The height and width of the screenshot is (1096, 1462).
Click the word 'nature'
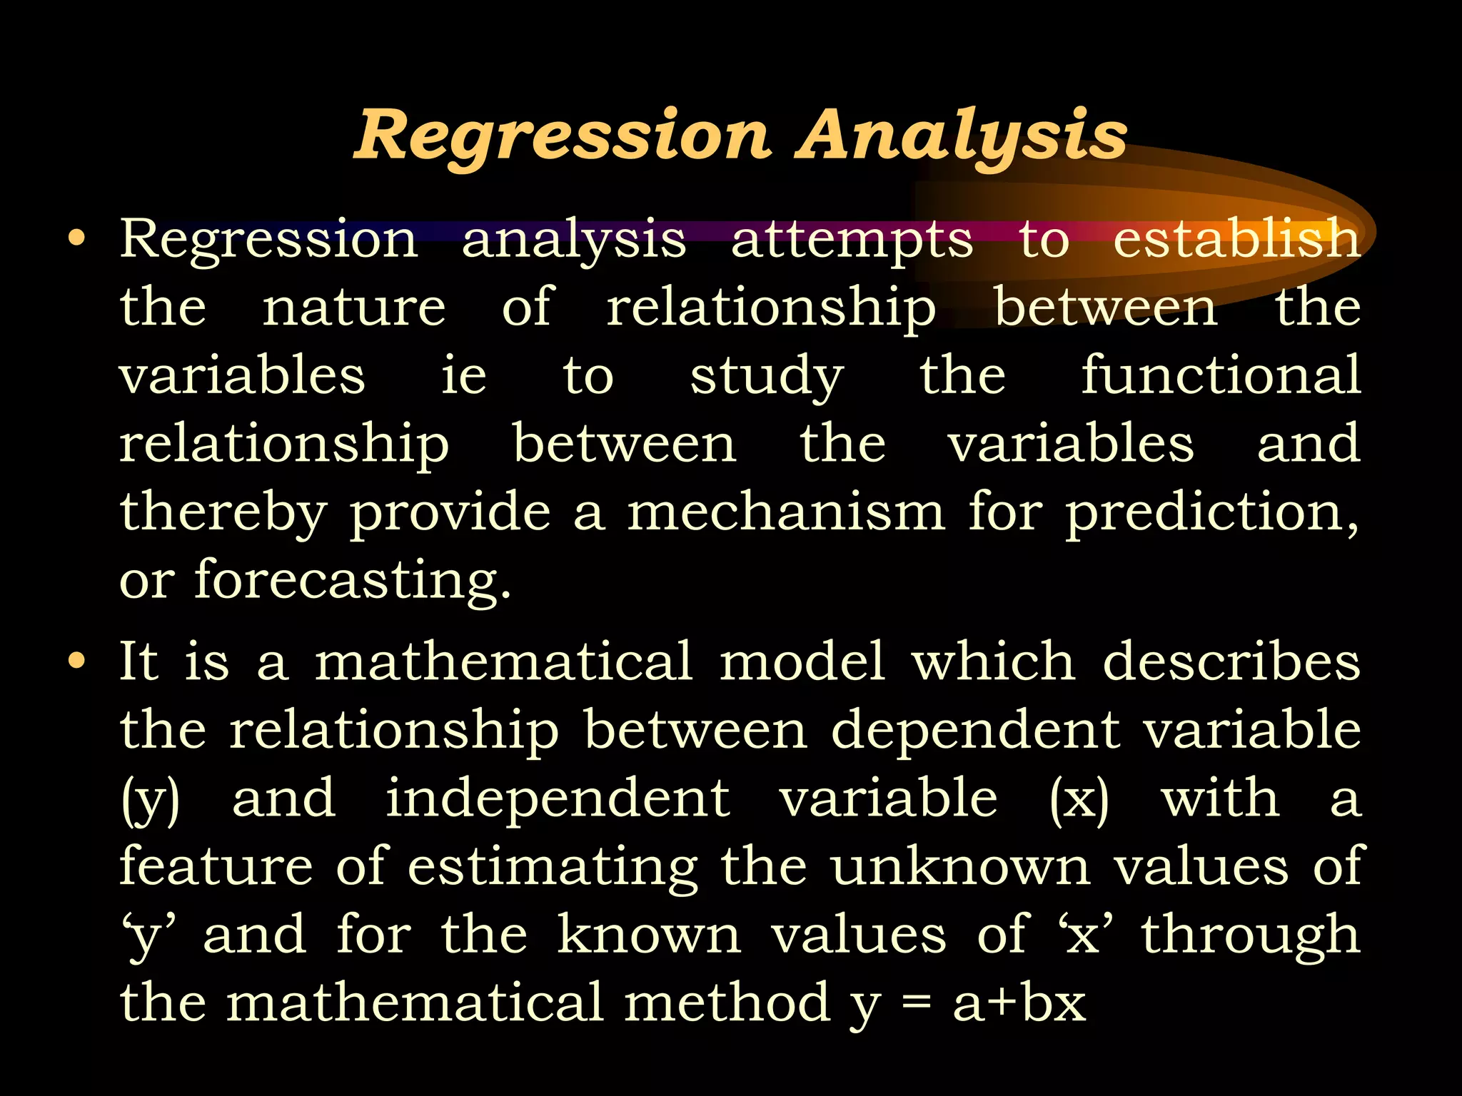pyautogui.click(x=354, y=308)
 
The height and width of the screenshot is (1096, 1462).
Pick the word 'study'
pyautogui.click(x=767, y=377)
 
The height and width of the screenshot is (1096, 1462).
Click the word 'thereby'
pyautogui.click(x=223, y=514)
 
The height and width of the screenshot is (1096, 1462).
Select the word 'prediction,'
pyautogui.click(x=1213, y=514)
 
